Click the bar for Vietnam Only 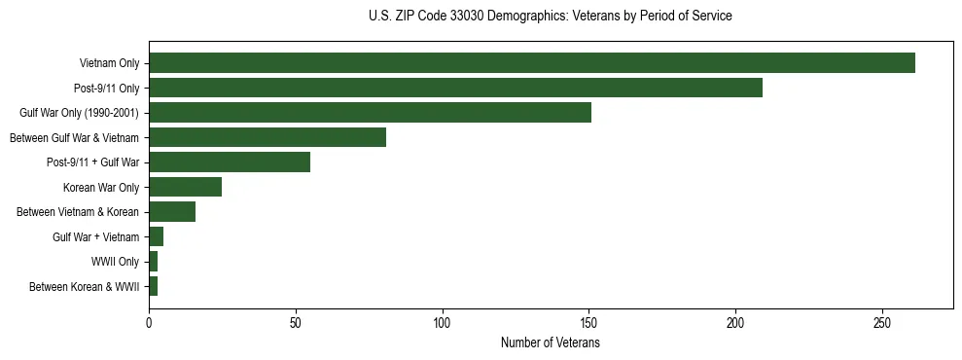click(x=532, y=63)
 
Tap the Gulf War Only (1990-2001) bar click(x=370, y=113)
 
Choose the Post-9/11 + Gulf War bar click(x=230, y=162)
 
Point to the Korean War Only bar click(x=185, y=187)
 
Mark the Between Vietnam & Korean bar click(x=172, y=212)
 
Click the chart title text click(x=551, y=17)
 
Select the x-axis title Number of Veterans click(x=551, y=343)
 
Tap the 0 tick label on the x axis click(x=149, y=322)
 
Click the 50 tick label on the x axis click(x=296, y=322)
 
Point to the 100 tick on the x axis click(x=443, y=322)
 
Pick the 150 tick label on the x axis click(x=589, y=322)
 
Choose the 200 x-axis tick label click(x=736, y=322)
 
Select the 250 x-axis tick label click(x=882, y=322)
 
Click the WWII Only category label click(x=115, y=262)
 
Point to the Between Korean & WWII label click(x=84, y=286)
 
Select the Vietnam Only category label click(x=109, y=63)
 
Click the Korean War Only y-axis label click(x=101, y=187)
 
